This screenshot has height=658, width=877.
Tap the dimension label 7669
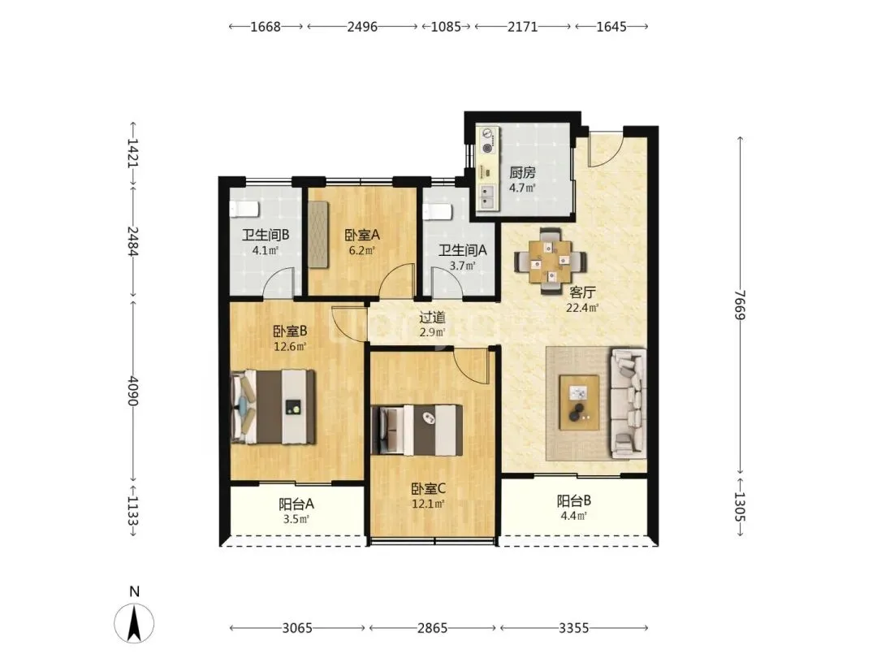[741, 305]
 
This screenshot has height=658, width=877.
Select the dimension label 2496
[362, 26]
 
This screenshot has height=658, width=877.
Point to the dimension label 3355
[574, 628]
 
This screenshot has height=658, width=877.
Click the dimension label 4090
[132, 390]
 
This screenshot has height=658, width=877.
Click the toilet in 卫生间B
[244, 209]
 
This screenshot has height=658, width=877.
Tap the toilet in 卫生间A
[438, 212]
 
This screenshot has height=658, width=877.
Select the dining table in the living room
[551, 261]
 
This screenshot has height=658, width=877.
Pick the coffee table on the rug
[580, 403]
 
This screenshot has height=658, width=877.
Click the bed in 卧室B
[273, 407]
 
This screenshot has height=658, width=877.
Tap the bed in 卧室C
[417, 430]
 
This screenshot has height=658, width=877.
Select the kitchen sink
[488, 196]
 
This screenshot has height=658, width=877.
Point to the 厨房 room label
[522, 173]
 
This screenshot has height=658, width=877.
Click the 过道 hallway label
[432, 318]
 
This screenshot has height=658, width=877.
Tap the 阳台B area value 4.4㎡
[574, 515]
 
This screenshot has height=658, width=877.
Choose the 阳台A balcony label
[296, 504]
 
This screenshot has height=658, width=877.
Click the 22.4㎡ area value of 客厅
[583, 307]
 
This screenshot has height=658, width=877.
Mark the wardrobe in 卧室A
[318, 234]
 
